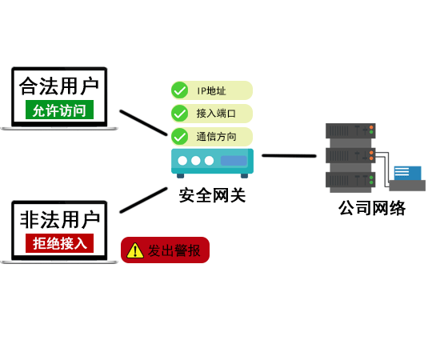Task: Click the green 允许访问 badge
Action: point(59,110)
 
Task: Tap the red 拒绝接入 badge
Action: point(59,243)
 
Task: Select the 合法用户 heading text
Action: point(59,86)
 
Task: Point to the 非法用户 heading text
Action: point(60,220)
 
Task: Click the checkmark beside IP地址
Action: point(179,90)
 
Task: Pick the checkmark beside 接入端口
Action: point(179,114)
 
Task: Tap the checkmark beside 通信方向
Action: point(179,136)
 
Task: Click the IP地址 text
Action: point(211,90)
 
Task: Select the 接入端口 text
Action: point(216,114)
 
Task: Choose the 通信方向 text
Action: point(216,137)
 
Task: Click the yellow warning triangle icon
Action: point(135,250)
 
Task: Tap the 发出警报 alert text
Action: point(174,250)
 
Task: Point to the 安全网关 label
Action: point(212,195)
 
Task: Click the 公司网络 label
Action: point(372,208)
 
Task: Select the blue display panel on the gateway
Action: point(234,161)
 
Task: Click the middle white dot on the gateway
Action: point(196,161)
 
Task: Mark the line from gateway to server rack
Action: point(289,155)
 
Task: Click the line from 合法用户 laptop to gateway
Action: point(143,122)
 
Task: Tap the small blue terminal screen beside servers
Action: point(407,173)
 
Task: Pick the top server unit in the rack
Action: point(350,130)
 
